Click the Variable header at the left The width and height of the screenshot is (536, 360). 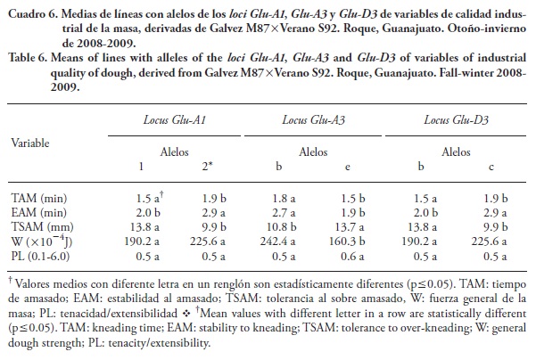(32, 142)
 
